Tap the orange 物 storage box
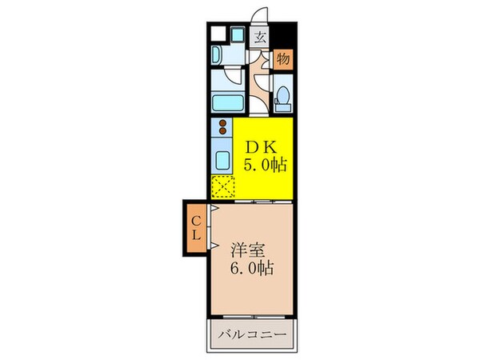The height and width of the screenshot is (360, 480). [283, 58]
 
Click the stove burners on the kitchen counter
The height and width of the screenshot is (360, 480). [222, 126]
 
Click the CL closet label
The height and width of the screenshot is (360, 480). [196, 227]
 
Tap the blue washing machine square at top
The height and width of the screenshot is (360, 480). [238, 35]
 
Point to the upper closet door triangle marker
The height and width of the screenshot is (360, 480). [214, 208]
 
